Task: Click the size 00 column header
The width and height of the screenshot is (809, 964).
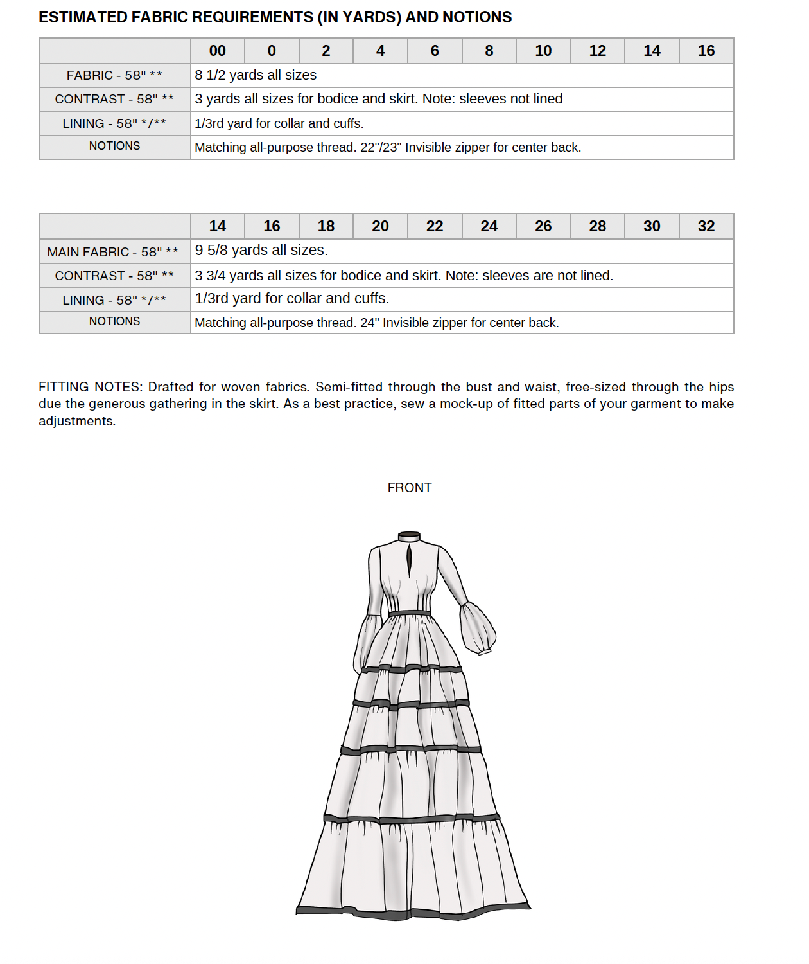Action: tap(218, 51)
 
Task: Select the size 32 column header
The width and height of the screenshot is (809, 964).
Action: tap(706, 226)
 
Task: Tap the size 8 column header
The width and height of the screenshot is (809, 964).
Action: tap(489, 51)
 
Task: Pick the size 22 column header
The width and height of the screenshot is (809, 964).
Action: tap(435, 226)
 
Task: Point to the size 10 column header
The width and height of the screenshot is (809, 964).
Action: tap(543, 51)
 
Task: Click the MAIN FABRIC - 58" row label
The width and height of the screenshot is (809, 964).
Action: tap(113, 252)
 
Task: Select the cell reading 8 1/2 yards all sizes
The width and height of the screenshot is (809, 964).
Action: tap(256, 75)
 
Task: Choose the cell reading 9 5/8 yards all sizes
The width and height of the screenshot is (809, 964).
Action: tap(261, 251)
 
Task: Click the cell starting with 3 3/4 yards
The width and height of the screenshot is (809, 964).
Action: tap(404, 276)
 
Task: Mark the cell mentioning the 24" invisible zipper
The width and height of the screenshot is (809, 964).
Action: tap(377, 323)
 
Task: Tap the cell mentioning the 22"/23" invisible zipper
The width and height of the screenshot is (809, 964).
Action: tap(388, 147)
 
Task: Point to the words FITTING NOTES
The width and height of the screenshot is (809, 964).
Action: tap(90, 387)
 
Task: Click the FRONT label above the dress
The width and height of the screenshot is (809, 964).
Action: tap(410, 488)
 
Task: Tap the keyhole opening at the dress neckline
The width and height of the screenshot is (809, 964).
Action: tap(409, 560)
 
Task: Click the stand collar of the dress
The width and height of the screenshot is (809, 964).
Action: tap(409, 537)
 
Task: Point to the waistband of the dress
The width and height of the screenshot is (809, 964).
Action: tap(410, 614)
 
